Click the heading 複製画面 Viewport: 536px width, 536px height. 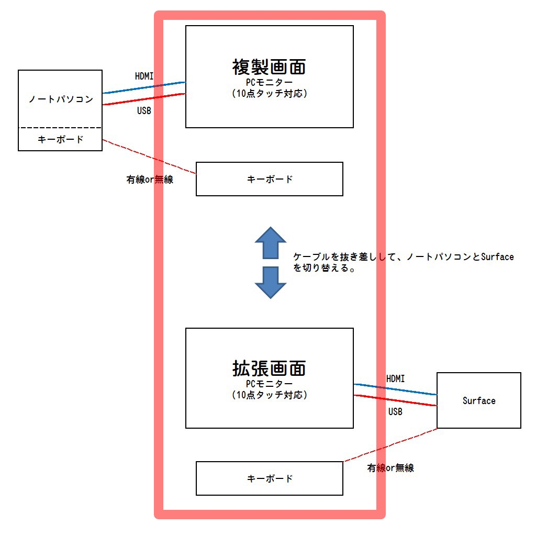pos(269,67)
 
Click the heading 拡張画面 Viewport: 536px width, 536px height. pos(269,368)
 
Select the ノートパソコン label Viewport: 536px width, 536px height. pos(61,99)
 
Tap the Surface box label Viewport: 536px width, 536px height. pos(479,401)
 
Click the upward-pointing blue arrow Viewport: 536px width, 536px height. pos(270,242)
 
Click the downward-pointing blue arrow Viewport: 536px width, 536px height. pos(270,283)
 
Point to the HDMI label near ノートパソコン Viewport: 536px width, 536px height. pos(144,76)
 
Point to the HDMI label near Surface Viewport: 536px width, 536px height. pos(395,378)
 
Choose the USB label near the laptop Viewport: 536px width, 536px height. pos(144,111)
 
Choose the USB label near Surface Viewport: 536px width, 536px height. pos(395,412)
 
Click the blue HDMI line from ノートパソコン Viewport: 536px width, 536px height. pos(144,87)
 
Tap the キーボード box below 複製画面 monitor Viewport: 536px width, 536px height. pos(270,179)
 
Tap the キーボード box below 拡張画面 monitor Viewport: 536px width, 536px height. pos(270,478)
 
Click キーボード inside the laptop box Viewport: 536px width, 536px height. pos(61,140)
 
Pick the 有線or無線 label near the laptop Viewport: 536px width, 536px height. pos(150,180)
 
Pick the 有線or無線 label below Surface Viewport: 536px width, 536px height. pos(390,468)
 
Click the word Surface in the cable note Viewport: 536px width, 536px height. pos(497,257)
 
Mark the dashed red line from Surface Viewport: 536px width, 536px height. pos(390,445)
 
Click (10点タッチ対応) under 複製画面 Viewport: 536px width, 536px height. pos(269,94)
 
